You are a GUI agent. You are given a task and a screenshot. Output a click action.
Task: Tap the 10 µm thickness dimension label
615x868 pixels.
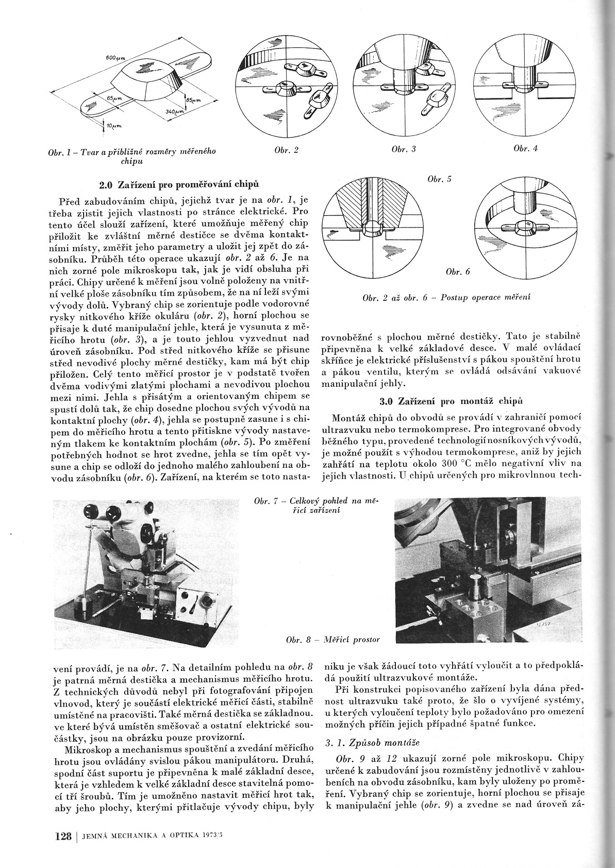111,125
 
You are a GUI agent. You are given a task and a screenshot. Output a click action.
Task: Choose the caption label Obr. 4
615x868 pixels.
525,149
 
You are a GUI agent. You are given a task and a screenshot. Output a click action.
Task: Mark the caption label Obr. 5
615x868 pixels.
439,179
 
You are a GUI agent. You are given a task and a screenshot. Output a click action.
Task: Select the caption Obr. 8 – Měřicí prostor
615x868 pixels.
333,640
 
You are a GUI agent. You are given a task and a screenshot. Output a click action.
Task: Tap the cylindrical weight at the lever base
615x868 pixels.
83,605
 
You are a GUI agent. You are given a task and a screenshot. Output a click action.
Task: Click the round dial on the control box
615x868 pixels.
208,601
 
